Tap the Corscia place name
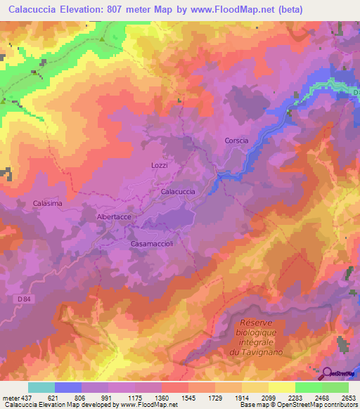click(x=236, y=141)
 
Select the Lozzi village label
click(x=160, y=165)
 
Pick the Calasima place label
click(x=48, y=203)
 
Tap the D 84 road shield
click(x=22, y=300)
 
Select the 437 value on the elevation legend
click(x=27, y=397)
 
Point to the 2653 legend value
click(x=349, y=397)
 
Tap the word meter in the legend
click(x=11, y=397)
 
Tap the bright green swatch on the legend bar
click(x=308, y=387)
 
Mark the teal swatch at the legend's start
click(x=41, y=387)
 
